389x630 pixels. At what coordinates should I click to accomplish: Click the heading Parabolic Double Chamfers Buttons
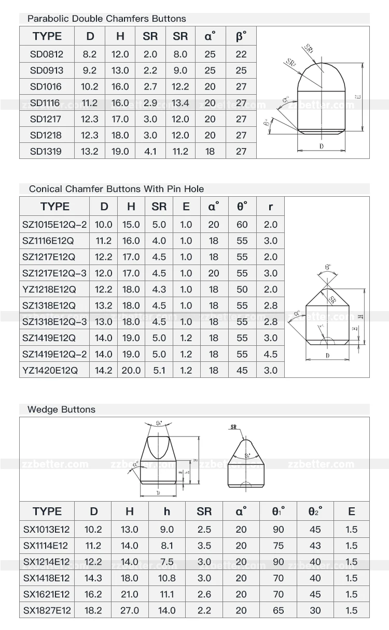106,19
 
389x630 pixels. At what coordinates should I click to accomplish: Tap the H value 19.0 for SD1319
120,152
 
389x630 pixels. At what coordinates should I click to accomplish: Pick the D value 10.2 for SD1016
90,86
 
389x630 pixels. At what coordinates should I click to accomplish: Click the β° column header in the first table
241,36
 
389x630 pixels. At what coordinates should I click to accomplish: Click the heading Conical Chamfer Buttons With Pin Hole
116,189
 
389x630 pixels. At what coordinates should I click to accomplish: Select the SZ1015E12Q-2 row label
54,225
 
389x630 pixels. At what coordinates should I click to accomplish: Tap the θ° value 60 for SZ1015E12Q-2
242,225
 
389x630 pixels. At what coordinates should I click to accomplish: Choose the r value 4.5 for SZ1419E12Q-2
271,355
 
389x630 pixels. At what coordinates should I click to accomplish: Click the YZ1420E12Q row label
50,371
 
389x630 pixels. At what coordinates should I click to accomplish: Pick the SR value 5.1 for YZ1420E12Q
159,371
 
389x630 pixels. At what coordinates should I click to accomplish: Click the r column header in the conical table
271,207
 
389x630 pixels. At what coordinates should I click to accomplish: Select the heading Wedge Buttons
61,409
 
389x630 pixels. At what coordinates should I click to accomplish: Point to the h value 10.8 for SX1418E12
166,578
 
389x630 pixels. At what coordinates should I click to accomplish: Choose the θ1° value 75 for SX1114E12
278,546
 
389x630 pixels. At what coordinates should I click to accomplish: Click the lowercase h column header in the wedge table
166,511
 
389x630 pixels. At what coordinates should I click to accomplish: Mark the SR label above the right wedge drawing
232,427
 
